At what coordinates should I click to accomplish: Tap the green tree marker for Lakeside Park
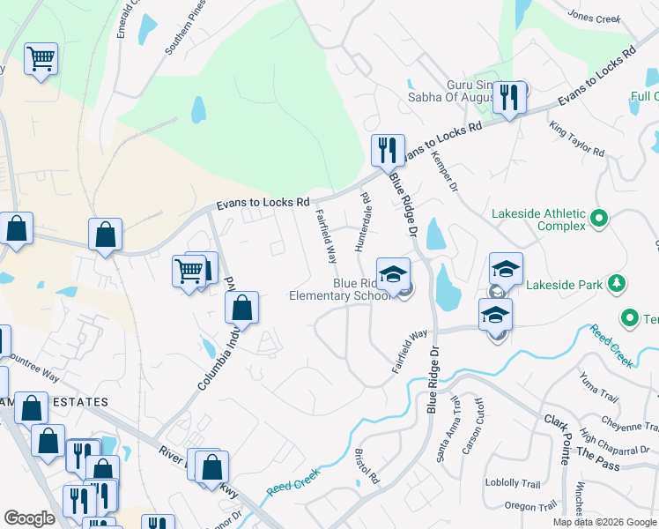point(618,283)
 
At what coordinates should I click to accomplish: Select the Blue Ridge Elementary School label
point(340,290)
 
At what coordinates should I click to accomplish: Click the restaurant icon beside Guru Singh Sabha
point(508,97)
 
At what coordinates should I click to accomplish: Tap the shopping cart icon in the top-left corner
point(41,60)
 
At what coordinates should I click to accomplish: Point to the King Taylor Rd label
point(577,139)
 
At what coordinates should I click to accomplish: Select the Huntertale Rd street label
point(362,222)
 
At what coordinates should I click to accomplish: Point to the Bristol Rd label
point(366,466)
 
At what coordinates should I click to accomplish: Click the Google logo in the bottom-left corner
point(29,518)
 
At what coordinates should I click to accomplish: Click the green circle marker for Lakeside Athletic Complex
point(599,217)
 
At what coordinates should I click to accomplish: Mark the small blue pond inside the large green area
point(198,109)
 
